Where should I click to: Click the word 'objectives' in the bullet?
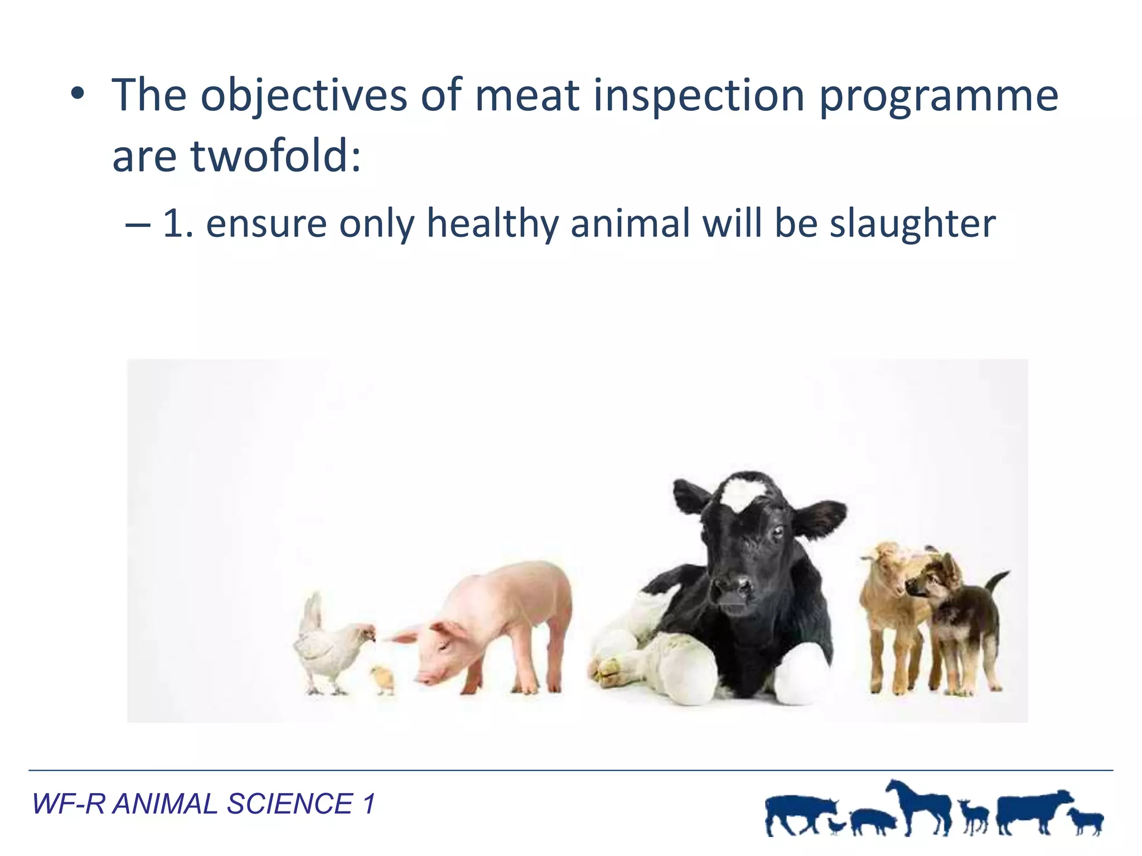(303, 96)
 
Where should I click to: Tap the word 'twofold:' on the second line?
(275, 157)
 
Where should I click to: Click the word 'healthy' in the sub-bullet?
(492, 223)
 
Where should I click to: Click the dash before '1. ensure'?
(137, 224)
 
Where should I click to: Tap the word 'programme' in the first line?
(938, 96)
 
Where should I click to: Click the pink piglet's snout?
(425, 677)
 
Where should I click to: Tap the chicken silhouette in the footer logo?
(836, 825)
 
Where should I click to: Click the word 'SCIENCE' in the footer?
(289, 804)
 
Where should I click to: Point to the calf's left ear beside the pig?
(690, 497)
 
